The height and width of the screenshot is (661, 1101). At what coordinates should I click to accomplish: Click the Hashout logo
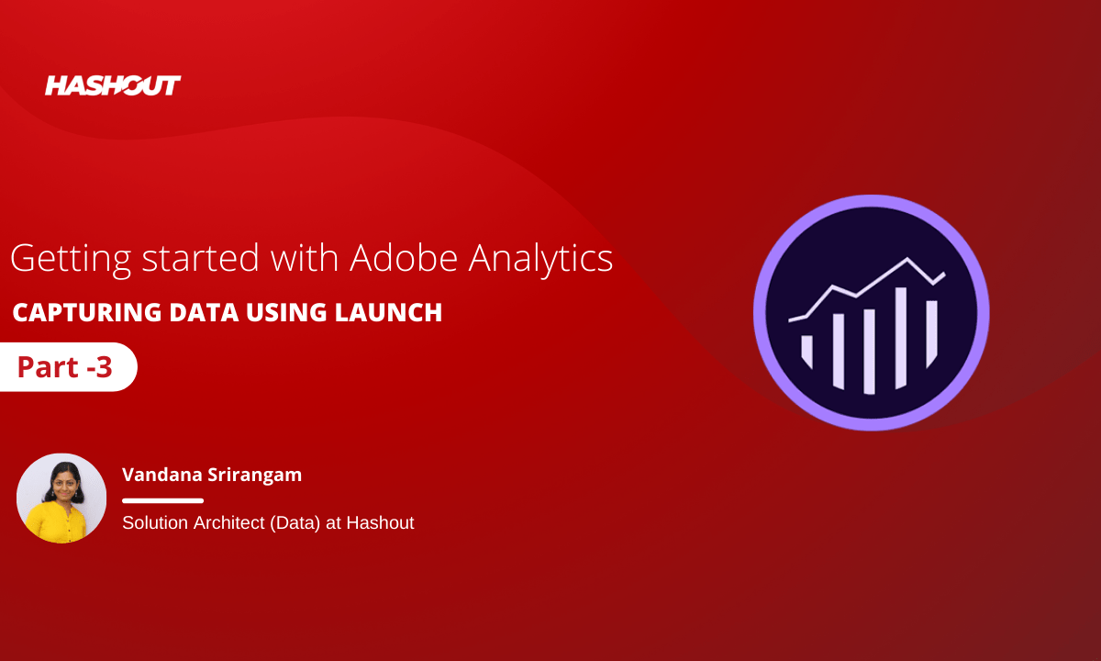[113, 85]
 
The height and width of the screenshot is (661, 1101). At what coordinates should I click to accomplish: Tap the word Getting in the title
[71, 259]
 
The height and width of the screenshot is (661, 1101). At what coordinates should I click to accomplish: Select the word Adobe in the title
[404, 257]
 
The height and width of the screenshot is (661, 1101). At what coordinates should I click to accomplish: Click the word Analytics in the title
[540, 259]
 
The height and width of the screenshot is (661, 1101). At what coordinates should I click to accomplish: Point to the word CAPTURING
[87, 312]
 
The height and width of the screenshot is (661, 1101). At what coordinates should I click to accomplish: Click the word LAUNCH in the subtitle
[388, 312]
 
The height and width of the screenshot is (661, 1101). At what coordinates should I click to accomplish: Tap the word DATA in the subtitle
[204, 312]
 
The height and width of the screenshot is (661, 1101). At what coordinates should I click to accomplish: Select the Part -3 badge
[68, 367]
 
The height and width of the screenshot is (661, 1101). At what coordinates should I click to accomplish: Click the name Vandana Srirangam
[212, 475]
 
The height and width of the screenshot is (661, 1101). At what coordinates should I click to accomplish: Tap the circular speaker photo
[61, 499]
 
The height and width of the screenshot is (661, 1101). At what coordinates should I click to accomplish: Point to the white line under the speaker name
[162, 500]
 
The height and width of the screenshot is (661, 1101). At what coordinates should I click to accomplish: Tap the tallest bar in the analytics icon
[900, 338]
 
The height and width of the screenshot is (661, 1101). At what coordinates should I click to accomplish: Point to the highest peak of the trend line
[907, 259]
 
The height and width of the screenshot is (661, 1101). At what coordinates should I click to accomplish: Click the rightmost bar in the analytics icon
[931, 334]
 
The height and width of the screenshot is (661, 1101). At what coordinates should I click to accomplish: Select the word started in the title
[200, 258]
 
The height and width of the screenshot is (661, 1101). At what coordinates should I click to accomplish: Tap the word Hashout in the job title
[380, 522]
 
